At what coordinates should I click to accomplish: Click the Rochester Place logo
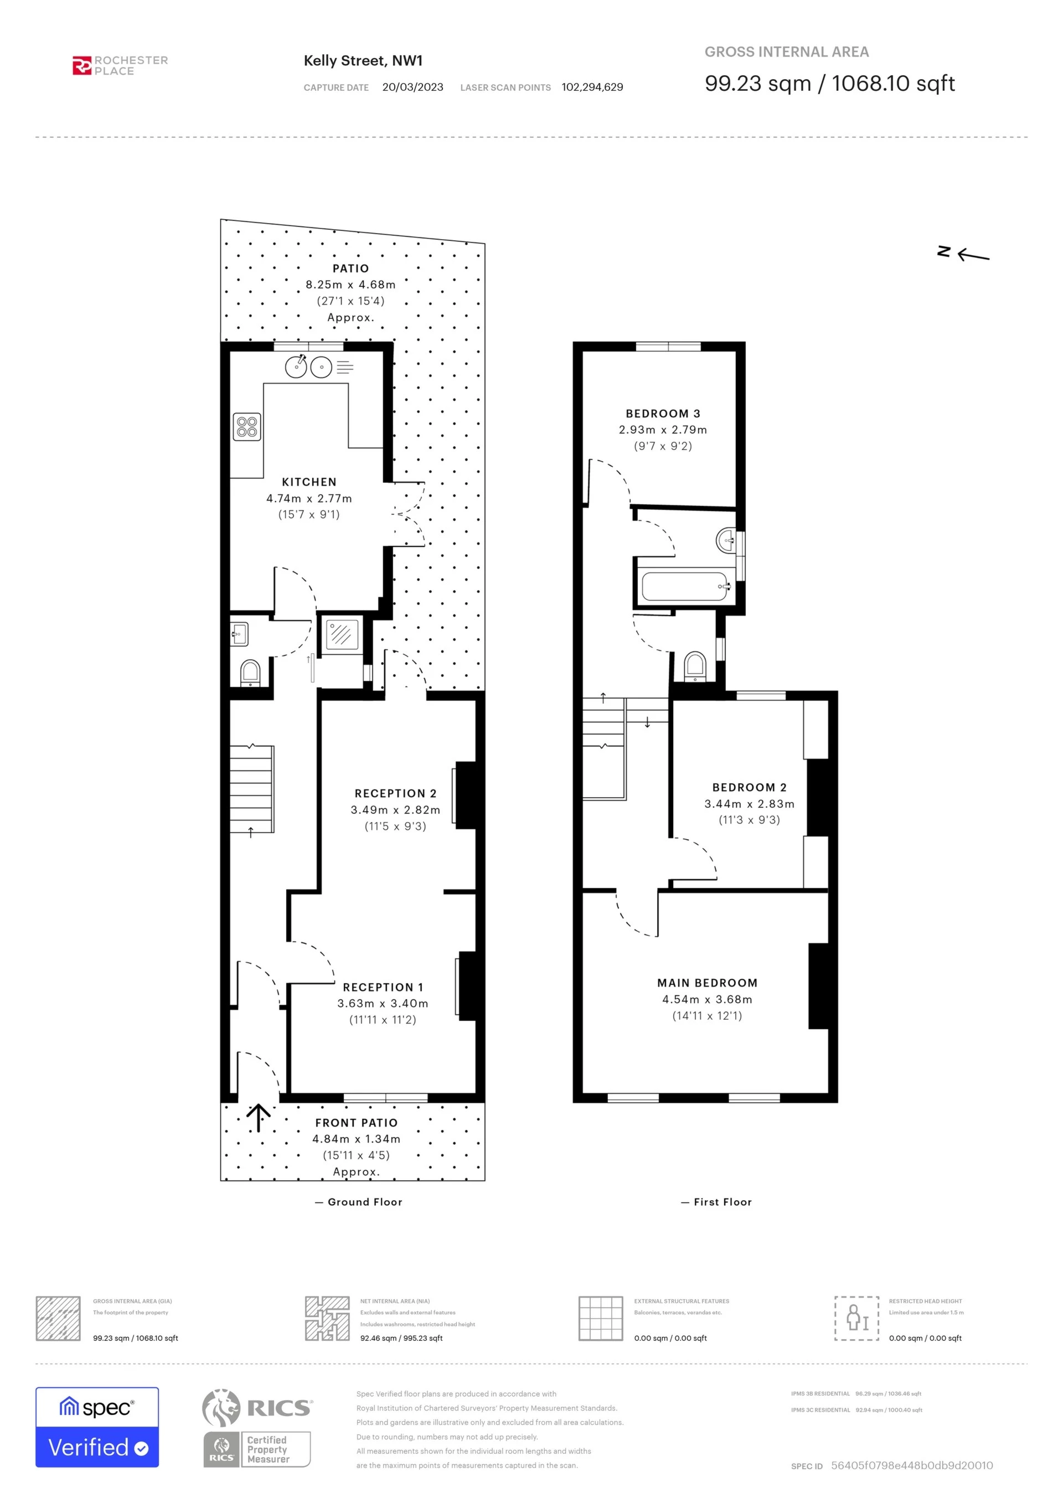coord(120,65)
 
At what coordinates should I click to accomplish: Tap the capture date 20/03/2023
coord(412,87)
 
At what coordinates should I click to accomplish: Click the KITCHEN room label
coord(309,482)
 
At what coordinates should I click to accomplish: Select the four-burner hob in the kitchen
coord(247,427)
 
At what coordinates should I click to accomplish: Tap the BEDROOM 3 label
coord(662,414)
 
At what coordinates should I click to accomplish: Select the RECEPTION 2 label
coord(395,793)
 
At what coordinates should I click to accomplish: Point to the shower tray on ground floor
coord(342,634)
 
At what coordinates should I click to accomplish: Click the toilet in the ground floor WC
coord(250,672)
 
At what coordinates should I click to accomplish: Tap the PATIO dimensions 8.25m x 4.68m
coord(350,285)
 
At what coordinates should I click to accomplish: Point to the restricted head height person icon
coord(856,1319)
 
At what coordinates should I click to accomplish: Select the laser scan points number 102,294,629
coord(592,87)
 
